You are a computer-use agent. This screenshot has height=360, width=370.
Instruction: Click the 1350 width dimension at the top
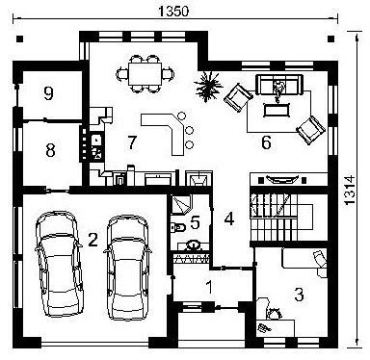click(173, 12)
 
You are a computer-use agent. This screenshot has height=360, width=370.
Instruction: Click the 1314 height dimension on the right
click(350, 190)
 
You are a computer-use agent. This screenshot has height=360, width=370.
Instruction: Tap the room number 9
click(48, 93)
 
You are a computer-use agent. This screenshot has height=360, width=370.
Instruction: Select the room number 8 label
click(50, 150)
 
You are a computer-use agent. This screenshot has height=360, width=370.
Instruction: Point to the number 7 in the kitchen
click(132, 142)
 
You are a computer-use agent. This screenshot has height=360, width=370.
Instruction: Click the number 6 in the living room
click(266, 142)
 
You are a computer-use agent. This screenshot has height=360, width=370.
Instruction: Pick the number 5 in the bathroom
click(195, 222)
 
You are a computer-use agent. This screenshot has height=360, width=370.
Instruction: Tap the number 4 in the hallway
click(229, 219)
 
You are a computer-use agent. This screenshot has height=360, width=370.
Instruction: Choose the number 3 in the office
click(299, 295)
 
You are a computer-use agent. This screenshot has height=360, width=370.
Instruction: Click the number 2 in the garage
click(92, 240)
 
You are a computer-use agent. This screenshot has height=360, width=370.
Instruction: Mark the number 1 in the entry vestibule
click(209, 287)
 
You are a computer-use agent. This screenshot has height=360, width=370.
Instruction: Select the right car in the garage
click(128, 267)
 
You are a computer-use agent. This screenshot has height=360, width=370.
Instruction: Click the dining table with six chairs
click(145, 74)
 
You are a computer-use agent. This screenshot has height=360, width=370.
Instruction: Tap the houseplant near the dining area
click(208, 86)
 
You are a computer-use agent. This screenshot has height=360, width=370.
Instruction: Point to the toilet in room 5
click(177, 227)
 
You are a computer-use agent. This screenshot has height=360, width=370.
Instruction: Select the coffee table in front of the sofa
click(277, 110)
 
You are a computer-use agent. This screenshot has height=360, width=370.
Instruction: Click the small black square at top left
click(20, 39)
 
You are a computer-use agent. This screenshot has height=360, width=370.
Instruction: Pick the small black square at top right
click(330, 39)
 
